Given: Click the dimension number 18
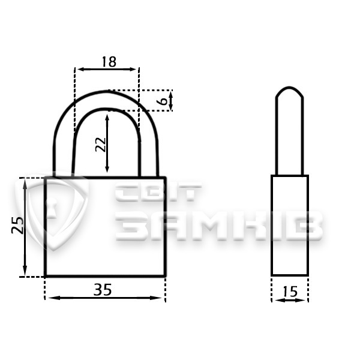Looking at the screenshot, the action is tap(109, 62).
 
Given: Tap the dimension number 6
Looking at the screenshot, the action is tap(163, 101).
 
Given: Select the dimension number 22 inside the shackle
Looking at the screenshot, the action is tap(101, 145).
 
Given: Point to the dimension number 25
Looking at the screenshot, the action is tap(17, 225).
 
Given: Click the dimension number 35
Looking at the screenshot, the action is tap(103, 290).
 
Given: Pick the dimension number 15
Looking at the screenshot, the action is tap(290, 292).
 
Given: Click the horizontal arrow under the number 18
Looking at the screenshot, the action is tap(107, 69).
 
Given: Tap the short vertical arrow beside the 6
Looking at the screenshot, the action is tap(170, 101).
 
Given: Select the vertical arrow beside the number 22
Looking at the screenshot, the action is tap(107, 143).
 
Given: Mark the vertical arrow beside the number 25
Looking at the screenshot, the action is tap(25, 227).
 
